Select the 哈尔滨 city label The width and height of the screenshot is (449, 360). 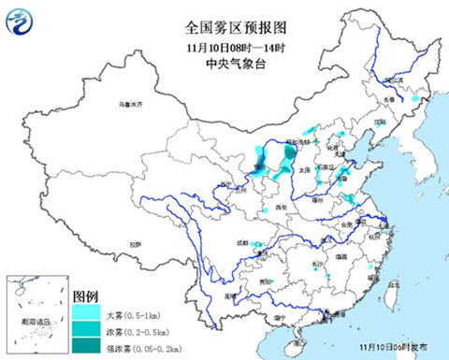coord(404,82)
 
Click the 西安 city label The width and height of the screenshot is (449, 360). coord(279,207)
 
